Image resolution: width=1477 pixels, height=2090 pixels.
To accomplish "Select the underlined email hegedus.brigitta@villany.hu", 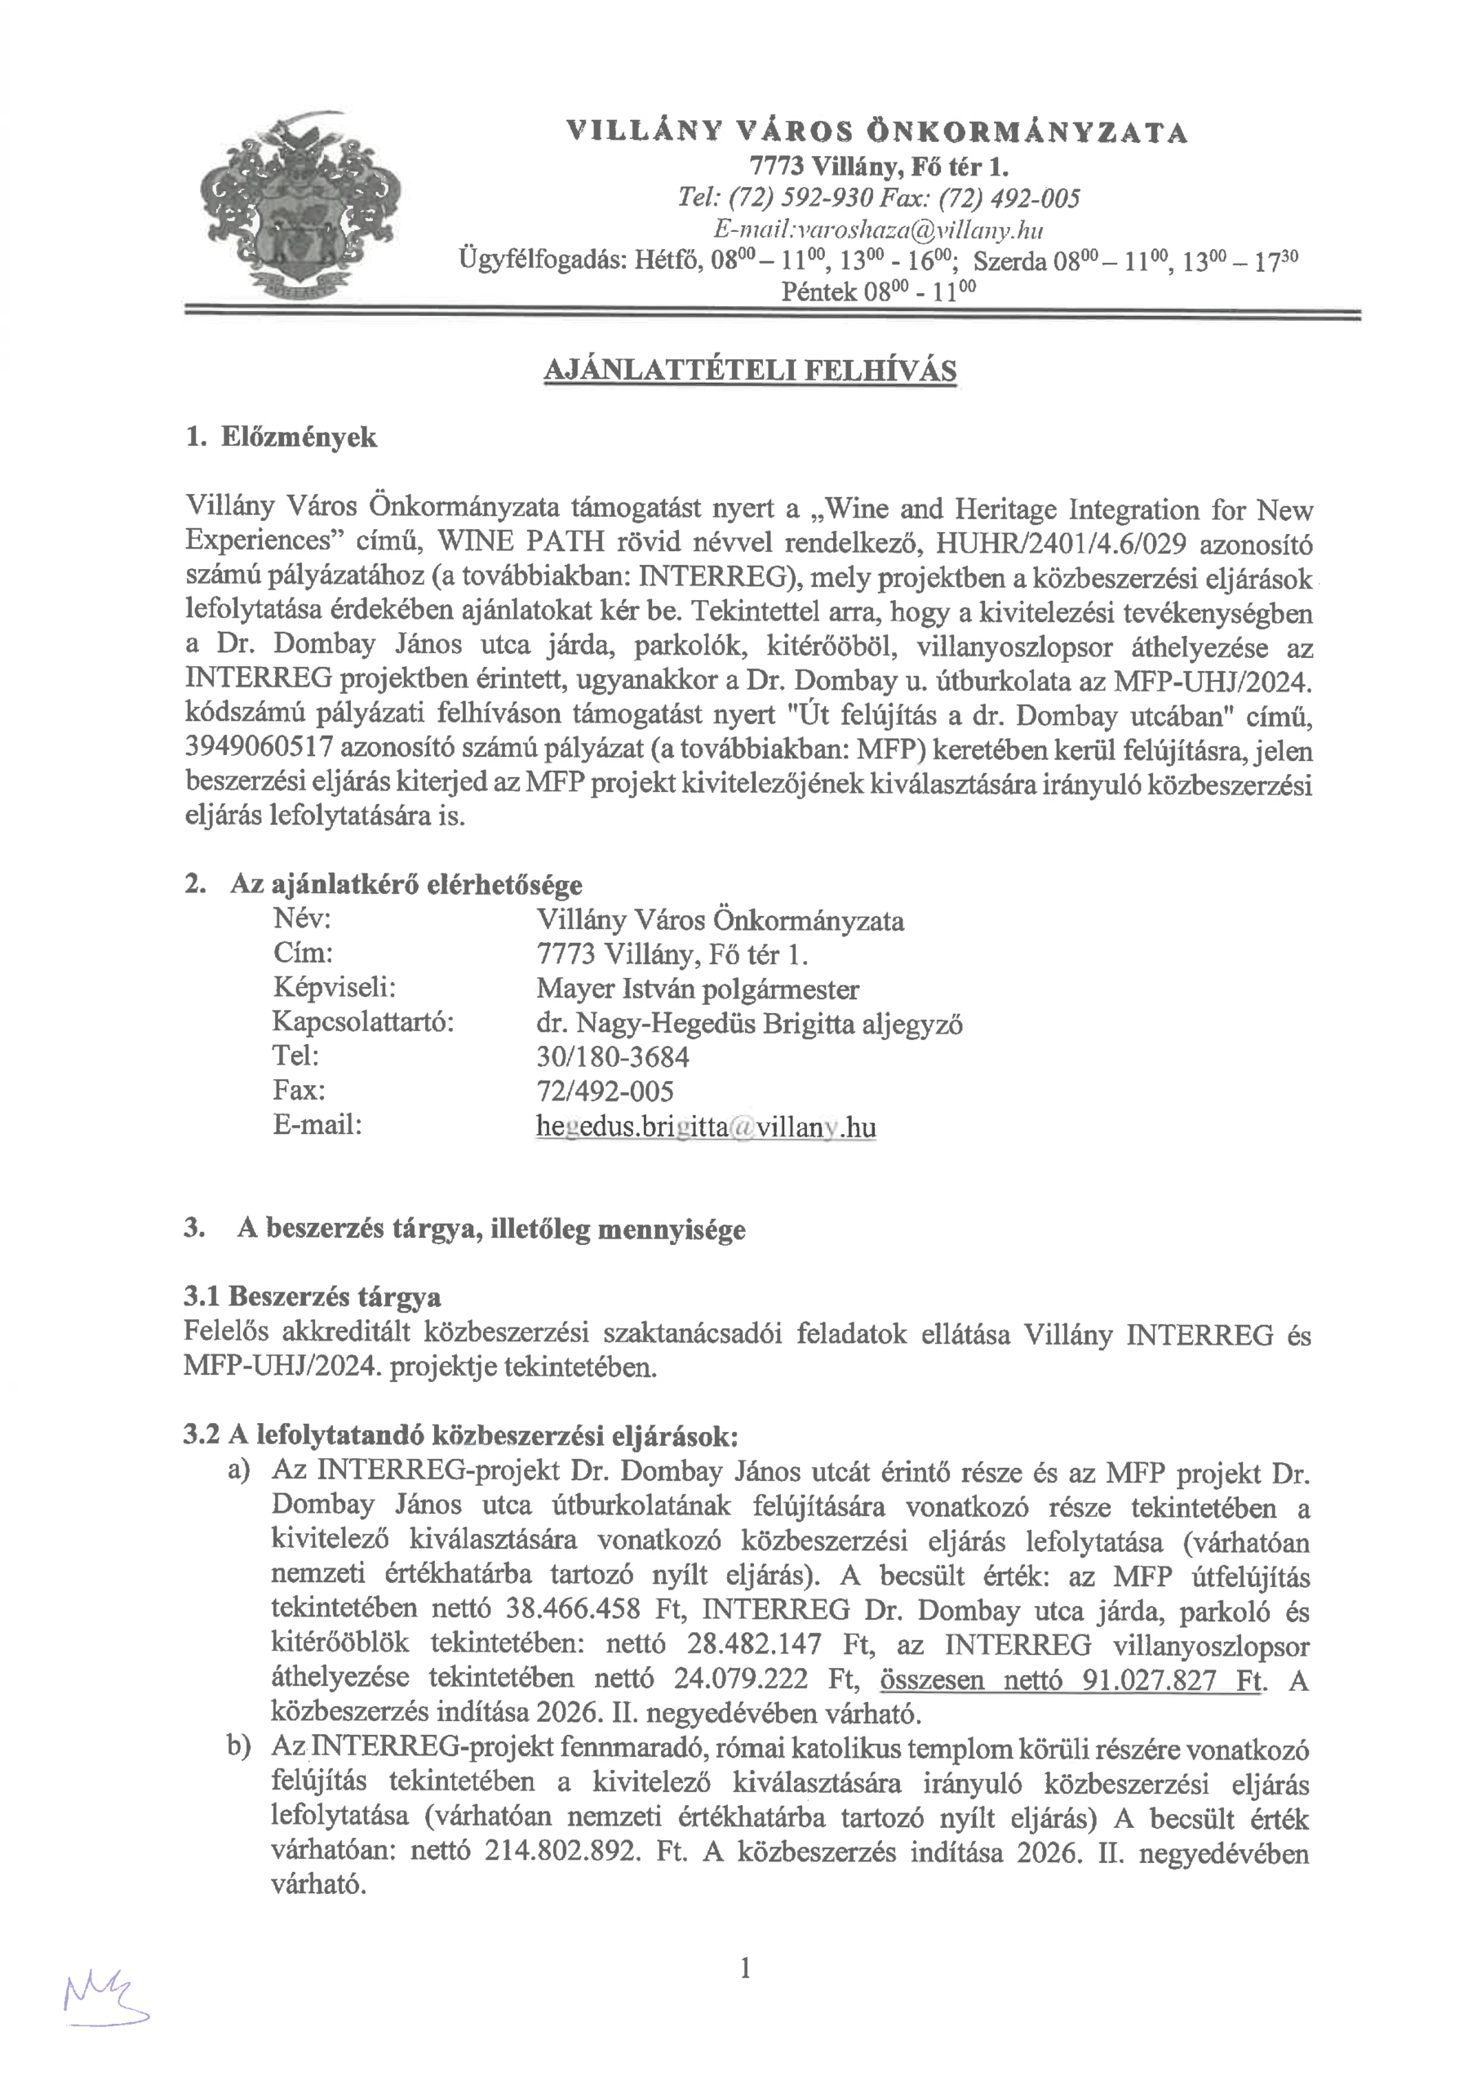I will coord(706,1127).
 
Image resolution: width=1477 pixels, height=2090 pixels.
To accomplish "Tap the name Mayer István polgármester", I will coord(697,989).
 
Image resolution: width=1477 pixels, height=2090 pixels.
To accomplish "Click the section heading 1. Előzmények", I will coord(280,437).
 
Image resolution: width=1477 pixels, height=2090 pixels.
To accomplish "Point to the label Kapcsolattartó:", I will coord(362,1022).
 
